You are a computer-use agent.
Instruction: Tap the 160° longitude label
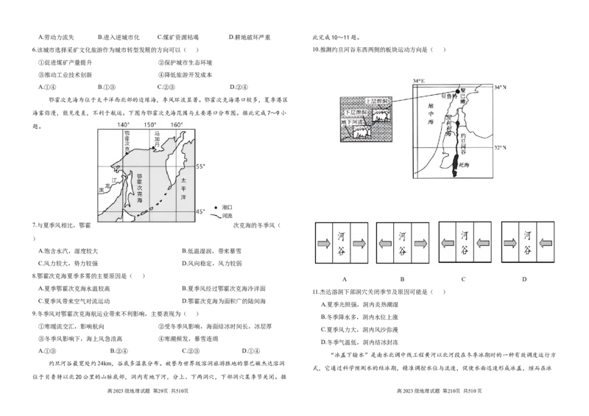[x=177, y=124]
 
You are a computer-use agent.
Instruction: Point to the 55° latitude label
[x=200, y=167]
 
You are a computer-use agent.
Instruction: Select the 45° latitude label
[x=200, y=212]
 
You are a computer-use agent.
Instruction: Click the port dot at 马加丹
[x=153, y=149]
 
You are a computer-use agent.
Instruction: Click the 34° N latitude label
[x=501, y=88]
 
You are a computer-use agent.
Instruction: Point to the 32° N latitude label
[x=501, y=147]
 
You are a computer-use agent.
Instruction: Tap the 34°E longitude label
[x=420, y=81]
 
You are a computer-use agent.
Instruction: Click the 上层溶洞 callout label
[x=376, y=100]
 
